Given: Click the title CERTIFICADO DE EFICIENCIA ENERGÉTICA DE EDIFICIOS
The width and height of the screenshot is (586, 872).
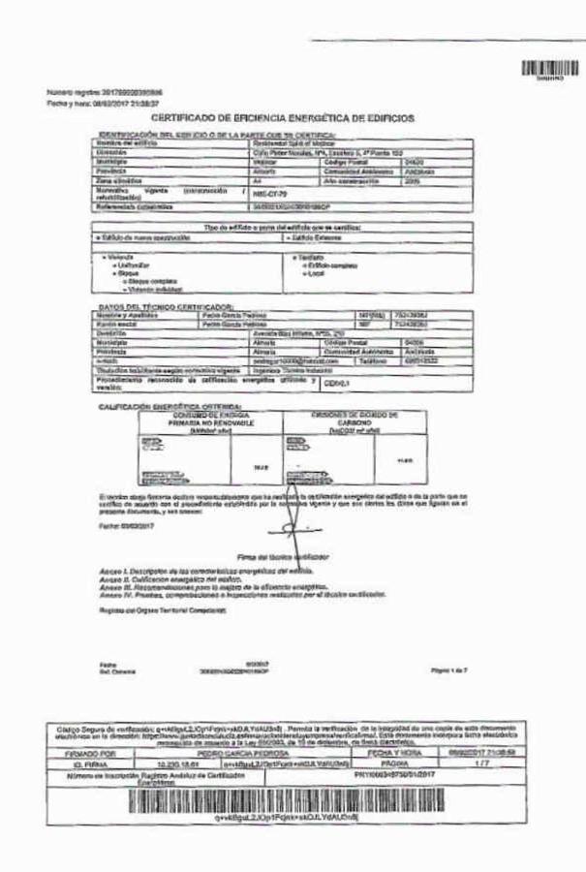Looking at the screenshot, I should point(282,118).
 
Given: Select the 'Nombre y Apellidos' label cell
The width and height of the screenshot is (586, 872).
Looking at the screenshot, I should point(126,314).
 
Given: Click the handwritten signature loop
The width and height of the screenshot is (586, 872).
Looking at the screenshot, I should point(291,528).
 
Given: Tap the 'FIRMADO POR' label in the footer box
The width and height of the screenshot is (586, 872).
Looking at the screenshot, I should point(91,751).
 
